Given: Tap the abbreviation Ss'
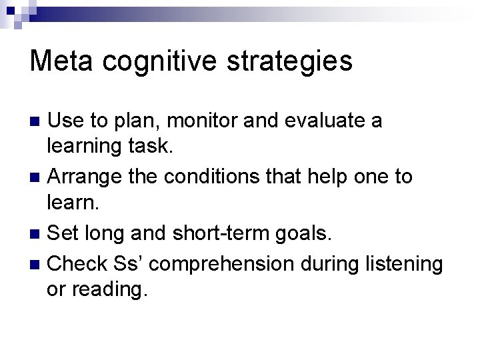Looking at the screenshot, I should (130, 263).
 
